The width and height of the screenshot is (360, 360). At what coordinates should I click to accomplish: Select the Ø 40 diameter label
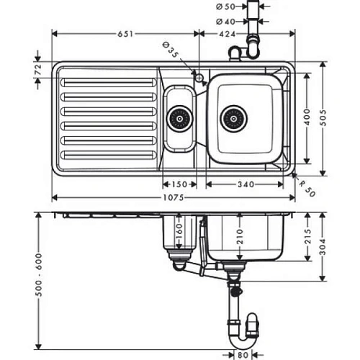225,22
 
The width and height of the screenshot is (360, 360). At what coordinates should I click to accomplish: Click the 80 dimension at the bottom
244,354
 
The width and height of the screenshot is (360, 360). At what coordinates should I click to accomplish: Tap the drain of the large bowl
233,118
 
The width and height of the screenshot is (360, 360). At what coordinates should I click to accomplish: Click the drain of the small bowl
180,118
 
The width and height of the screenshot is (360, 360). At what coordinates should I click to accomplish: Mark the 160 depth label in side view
179,230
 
